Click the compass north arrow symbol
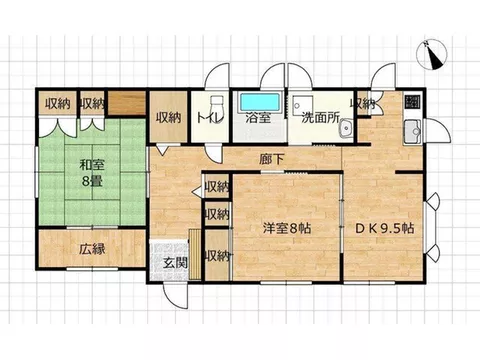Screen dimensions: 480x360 tap(432, 55)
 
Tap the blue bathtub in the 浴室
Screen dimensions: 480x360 tap(260, 102)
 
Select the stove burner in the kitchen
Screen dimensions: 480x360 tap(413, 102)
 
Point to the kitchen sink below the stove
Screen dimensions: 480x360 tap(413, 132)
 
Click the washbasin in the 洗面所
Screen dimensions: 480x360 tap(347, 128)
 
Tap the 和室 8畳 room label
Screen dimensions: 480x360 tap(92, 173)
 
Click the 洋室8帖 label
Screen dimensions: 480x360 tap(287, 228)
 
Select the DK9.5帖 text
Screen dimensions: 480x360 tap(385, 228)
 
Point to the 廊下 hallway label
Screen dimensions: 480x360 tap(272, 159)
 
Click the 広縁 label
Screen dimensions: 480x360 tap(92, 249)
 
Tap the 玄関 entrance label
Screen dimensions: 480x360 tap(175, 263)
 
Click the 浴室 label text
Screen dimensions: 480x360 tap(258, 118)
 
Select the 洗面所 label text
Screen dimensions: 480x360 tap(321, 118)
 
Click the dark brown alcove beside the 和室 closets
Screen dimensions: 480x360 tap(127, 102)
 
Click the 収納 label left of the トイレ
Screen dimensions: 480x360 tap(169, 117)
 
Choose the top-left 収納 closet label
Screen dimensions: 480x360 tap(58, 104)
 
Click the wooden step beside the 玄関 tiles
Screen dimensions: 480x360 tap(195, 254)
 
